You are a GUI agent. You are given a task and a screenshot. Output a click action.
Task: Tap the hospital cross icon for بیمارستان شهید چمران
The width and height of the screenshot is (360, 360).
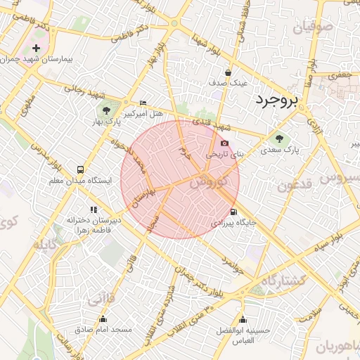click(37, 49)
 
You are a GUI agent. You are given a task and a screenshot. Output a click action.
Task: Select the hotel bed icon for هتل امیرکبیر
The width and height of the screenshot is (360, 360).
click(143, 103)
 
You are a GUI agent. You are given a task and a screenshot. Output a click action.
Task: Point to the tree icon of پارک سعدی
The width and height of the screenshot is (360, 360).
click(280, 138)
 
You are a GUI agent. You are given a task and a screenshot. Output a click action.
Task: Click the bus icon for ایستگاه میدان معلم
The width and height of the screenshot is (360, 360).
click(80, 169)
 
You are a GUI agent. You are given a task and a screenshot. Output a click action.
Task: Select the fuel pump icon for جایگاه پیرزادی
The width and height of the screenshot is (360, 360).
click(233, 212)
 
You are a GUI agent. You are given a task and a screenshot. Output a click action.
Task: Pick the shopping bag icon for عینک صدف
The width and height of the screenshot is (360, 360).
click(228, 72)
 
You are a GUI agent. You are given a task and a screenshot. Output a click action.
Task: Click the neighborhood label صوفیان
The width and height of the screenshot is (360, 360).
click(311, 30)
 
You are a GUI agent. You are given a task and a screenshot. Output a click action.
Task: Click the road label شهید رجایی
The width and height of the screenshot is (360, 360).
click(84, 92)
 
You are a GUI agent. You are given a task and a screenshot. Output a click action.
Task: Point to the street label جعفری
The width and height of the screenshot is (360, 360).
click(339, 75)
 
